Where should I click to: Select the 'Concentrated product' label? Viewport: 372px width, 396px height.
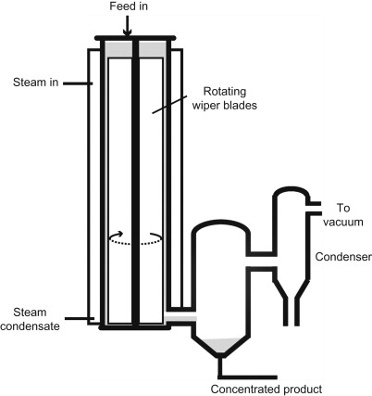(x=267, y=388)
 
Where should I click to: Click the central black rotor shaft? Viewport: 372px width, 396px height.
(x=135, y=185)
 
